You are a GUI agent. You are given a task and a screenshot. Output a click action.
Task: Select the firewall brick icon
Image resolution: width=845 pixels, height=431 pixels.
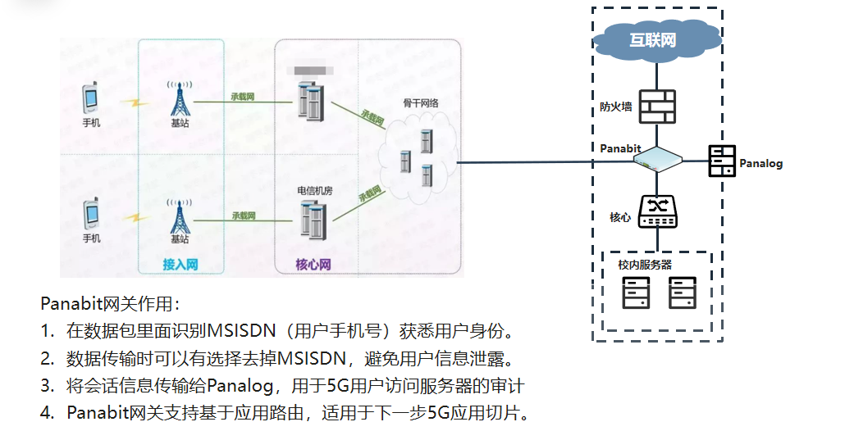click(x=656, y=107)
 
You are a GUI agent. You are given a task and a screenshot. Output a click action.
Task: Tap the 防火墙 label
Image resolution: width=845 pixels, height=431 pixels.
click(x=615, y=107)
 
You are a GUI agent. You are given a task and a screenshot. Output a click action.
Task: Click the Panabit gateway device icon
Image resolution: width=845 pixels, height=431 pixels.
click(x=657, y=159)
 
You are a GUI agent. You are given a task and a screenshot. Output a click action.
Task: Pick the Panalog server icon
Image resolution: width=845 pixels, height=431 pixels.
click(x=721, y=161)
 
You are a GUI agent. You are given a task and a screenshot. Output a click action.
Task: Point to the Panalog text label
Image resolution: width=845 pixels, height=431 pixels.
click(x=760, y=163)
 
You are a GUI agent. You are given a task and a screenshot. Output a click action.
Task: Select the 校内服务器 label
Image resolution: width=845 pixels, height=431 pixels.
click(x=645, y=265)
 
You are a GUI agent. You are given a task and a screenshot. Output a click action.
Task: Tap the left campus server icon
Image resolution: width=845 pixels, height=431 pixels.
click(x=635, y=293)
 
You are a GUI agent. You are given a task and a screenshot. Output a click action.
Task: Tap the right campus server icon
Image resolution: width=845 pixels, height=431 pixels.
click(x=682, y=293)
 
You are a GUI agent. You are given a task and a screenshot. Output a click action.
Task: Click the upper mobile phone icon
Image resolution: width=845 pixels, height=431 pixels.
click(x=91, y=99)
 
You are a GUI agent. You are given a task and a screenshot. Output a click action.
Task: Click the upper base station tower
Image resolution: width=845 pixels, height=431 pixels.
click(x=179, y=99)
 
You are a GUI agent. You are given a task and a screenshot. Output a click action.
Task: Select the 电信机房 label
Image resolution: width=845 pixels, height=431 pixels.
click(x=314, y=190)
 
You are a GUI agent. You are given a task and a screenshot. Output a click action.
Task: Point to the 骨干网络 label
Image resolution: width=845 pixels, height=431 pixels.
click(x=420, y=103)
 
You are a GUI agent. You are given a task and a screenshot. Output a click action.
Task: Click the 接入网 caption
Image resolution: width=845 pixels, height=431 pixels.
click(x=180, y=265)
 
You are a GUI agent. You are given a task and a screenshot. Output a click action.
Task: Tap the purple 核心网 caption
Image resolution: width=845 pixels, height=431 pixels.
click(x=313, y=265)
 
